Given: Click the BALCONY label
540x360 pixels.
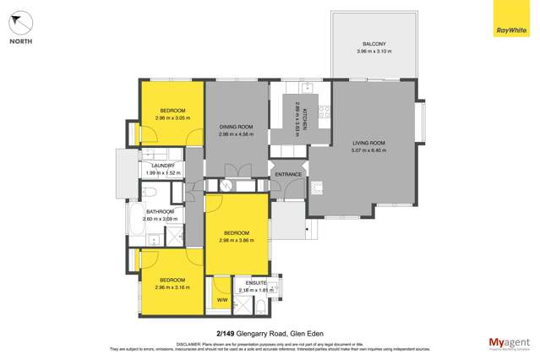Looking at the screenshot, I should coord(374,44).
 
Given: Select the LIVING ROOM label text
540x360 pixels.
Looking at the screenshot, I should coord(368,144).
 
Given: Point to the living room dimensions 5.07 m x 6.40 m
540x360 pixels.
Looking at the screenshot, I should coord(368,153).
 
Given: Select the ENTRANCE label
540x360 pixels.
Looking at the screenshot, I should coord(287,174).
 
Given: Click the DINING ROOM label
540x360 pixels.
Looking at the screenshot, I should coord(236,126).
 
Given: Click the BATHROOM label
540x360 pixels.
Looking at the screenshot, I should coord(160,211).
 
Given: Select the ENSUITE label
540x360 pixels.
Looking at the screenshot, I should coord(256,282).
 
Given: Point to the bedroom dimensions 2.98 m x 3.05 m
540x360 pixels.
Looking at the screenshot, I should coord(172,117).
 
